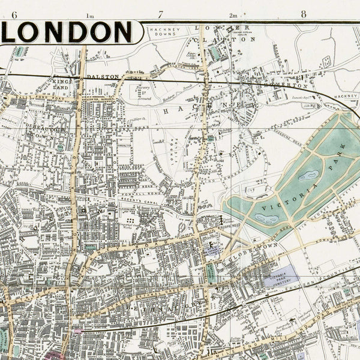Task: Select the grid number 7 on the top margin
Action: (160, 15)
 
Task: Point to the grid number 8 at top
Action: (305, 15)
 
